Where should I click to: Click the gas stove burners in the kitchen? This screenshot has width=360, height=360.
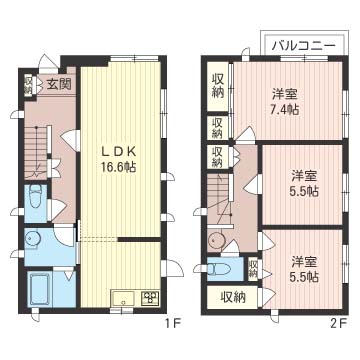pos(150,298)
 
